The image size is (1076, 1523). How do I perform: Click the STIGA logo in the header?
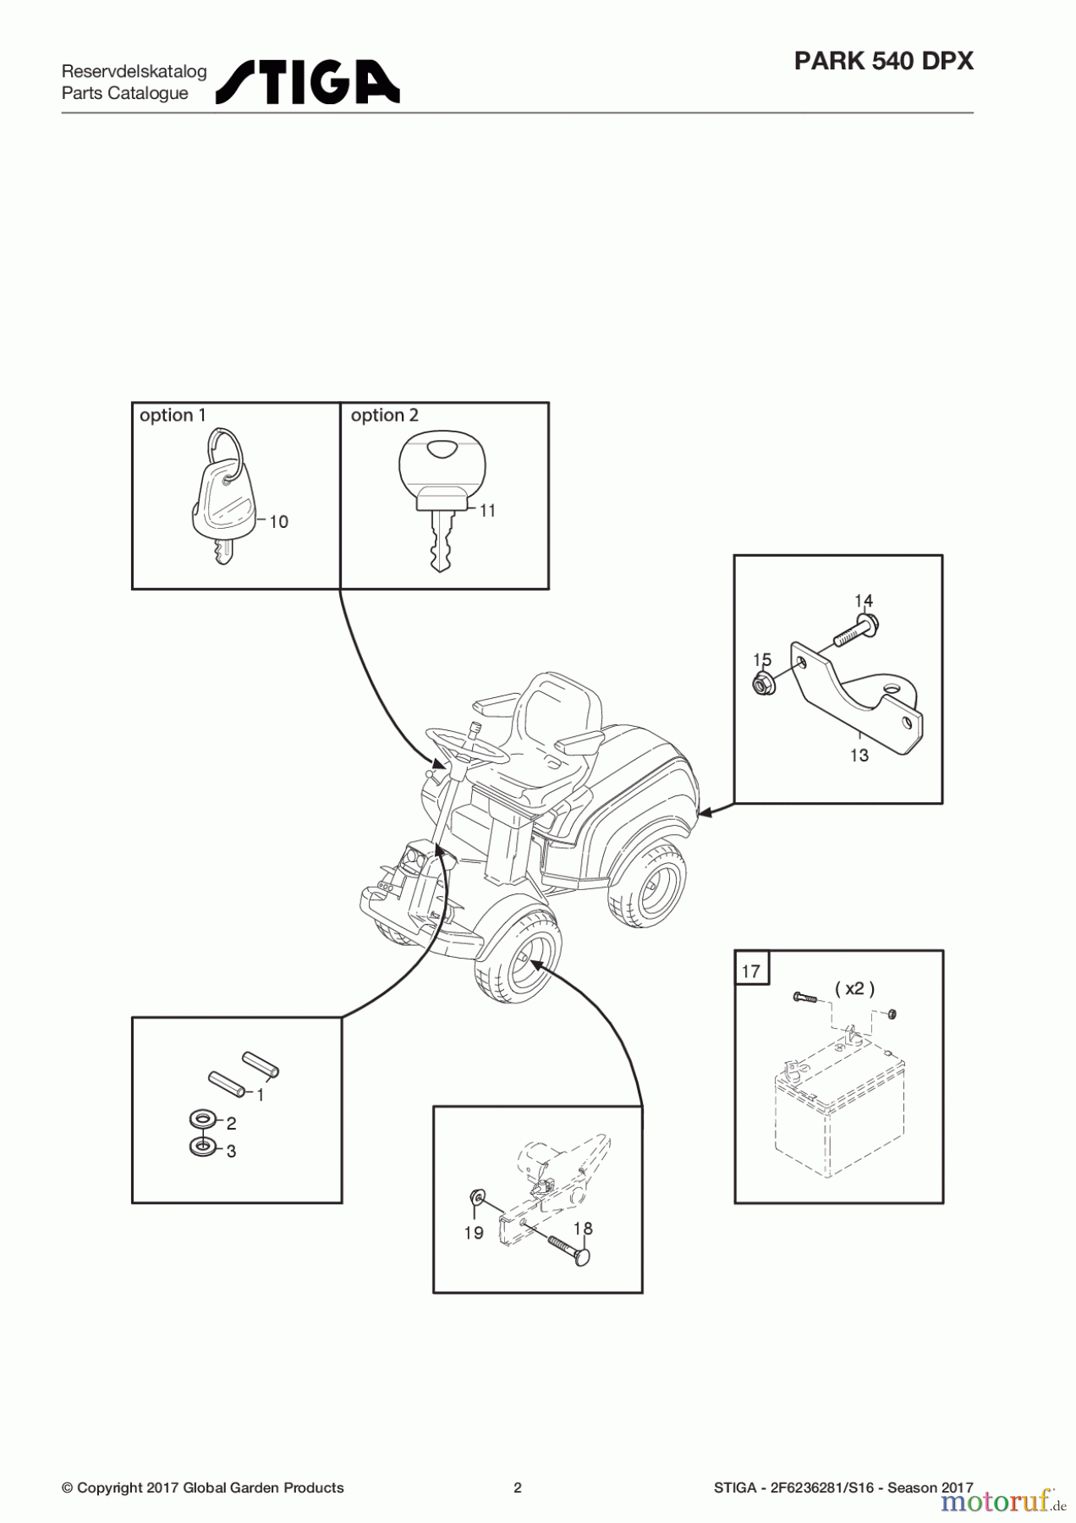pyautogui.click(x=308, y=82)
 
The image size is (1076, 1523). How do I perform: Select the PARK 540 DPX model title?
pyautogui.click(x=883, y=61)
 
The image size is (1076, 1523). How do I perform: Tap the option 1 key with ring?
pyautogui.click(x=219, y=499)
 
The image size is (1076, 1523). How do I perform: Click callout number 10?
pyautogui.click(x=278, y=522)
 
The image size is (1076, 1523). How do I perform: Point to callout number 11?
pyautogui.click(x=487, y=511)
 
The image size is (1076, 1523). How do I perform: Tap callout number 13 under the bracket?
pyautogui.click(x=859, y=755)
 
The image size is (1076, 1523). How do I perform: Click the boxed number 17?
pyautogui.click(x=751, y=970)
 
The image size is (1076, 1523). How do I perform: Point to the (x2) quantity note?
pyautogui.click(x=854, y=988)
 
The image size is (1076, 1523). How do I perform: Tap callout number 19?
pyautogui.click(x=474, y=1233)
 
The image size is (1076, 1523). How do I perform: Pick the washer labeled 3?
pyautogui.click(x=201, y=1147)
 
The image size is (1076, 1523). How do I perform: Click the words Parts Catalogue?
pyautogui.click(x=125, y=93)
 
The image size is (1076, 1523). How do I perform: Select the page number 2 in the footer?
pyautogui.click(x=518, y=1487)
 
